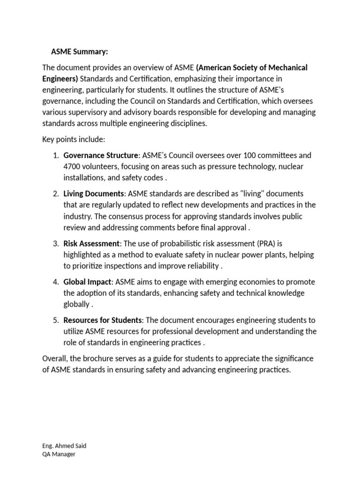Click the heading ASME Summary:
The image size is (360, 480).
[x=79, y=52]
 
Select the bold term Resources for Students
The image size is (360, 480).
[x=103, y=320]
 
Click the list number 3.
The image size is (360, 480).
[x=55, y=243]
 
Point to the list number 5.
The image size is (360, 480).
[x=55, y=320]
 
